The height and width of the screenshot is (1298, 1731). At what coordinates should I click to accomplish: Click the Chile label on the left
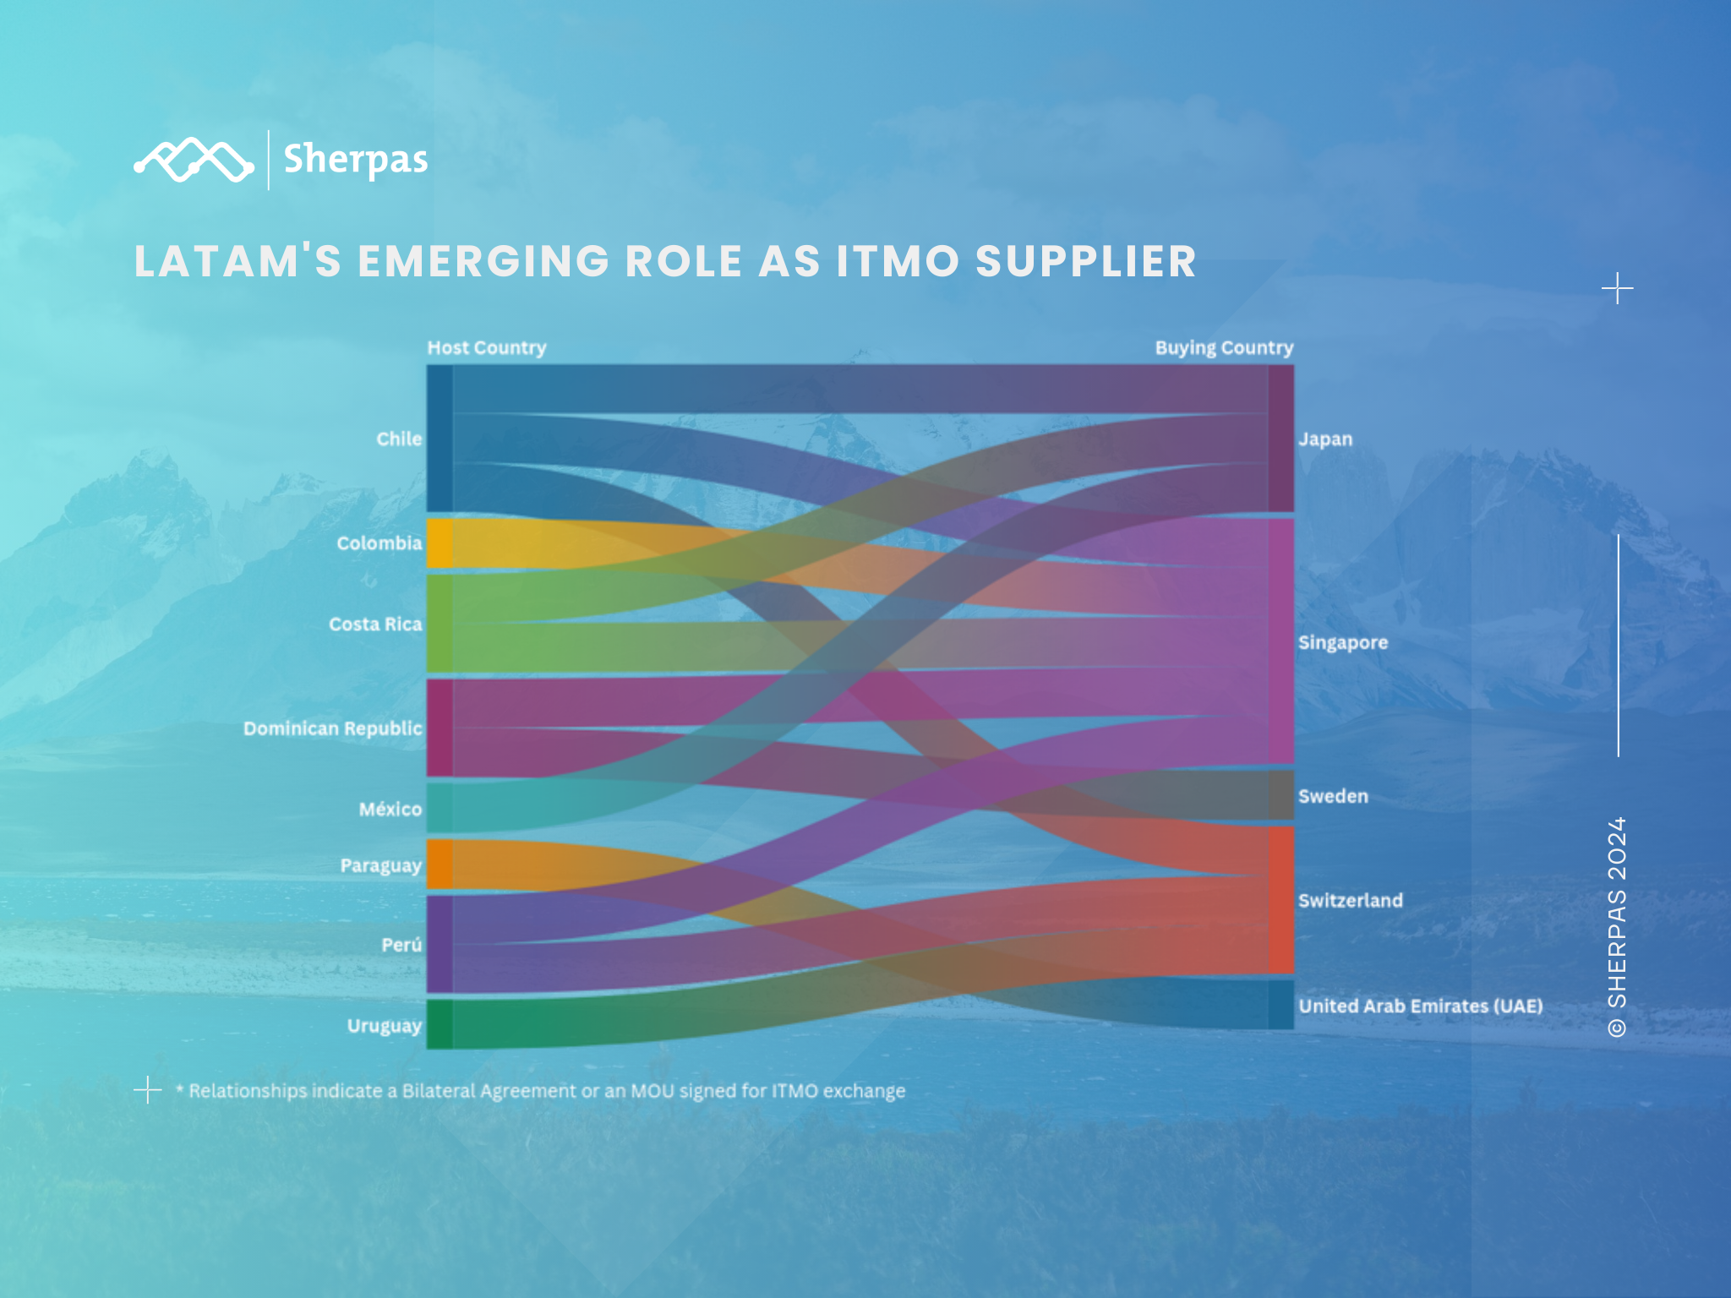coord(399,439)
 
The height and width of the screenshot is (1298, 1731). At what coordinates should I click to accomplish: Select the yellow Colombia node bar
coord(440,543)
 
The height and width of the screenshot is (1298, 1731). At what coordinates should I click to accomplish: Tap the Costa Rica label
coord(375,624)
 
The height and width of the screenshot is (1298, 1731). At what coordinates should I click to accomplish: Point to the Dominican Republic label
coord(332,728)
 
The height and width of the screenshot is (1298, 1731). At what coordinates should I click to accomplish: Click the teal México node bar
coord(440,808)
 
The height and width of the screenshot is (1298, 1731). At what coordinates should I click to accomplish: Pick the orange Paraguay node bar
coord(440,864)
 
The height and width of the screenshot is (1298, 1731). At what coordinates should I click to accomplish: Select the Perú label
coord(401,945)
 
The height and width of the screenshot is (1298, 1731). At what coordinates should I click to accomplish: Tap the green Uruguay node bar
coord(440,1024)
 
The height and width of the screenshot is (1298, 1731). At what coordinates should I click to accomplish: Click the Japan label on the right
coord(1325,439)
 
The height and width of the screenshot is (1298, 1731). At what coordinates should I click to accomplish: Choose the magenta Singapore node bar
coord(1281,641)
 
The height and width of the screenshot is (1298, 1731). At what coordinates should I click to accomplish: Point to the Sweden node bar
coord(1281,794)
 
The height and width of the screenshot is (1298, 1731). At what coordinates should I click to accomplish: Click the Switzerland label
coord(1351,901)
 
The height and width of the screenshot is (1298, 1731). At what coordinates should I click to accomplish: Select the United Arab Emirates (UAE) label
coord(1421,1006)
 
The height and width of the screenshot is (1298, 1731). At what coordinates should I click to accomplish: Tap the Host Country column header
coord(487,348)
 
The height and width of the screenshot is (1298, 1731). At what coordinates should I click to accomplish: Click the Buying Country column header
coord(1224,348)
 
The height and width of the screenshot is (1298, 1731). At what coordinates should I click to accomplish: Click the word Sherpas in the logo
coord(356,160)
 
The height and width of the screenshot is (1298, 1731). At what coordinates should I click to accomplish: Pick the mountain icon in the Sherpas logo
coord(194,160)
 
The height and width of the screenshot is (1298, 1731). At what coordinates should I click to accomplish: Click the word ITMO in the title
coord(898,261)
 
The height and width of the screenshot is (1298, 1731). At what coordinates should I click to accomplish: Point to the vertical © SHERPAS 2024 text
coord(1617,926)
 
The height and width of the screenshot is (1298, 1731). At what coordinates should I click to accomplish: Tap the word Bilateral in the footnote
coord(439,1091)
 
